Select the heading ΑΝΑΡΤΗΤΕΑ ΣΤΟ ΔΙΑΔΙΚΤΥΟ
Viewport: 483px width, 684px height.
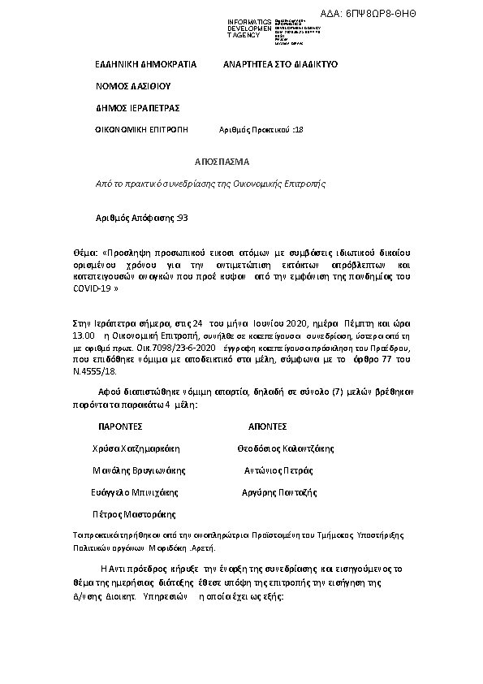click(x=280, y=63)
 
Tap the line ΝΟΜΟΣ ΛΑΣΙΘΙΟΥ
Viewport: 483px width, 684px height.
click(x=133, y=85)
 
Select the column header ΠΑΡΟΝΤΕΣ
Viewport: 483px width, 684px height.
click(x=121, y=426)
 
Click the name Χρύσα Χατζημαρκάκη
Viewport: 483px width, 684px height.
click(x=136, y=448)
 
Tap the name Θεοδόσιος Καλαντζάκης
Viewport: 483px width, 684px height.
click(x=285, y=448)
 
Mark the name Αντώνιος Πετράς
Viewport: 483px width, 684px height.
click(x=278, y=470)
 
